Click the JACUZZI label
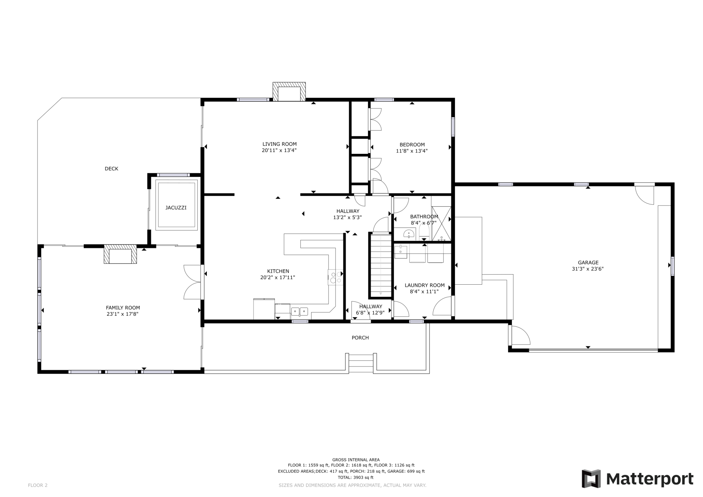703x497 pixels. pyautogui.click(x=176, y=208)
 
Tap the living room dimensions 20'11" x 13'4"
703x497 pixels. pyautogui.click(x=279, y=150)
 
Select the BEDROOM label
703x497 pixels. pyautogui.click(x=412, y=145)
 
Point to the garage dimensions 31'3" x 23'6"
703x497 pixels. pyautogui.click(x=588, y=269)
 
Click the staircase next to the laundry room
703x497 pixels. pyautogui.click(x=381, y=266)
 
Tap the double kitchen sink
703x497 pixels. pyautogui.click(x=300, y=311)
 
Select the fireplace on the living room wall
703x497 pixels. pyautogui.click(x=289, y=91)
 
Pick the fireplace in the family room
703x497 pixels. pyautogui.click(x=120, y=254)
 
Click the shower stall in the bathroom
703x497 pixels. pyautogui.click(x=441, y=223)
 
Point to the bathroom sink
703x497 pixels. pyautogui.click(x=409, y=234)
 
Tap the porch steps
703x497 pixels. pyautogui.click(x=361, y=363)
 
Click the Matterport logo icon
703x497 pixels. pyautogui.click(x=591, y=479)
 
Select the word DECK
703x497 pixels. pyautogui.click(x=112, y=169)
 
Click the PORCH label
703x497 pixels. pyautogui.click(x=360, y=338)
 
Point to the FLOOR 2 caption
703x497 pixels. pyautogui.click(x=38, y=486)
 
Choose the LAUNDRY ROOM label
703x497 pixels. pyautogui.click(x=425, y=285)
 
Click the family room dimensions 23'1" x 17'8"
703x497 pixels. pyautogui.click(x=122, y=314)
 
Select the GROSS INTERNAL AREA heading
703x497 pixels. pyautogui.click(x=356, y=460)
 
